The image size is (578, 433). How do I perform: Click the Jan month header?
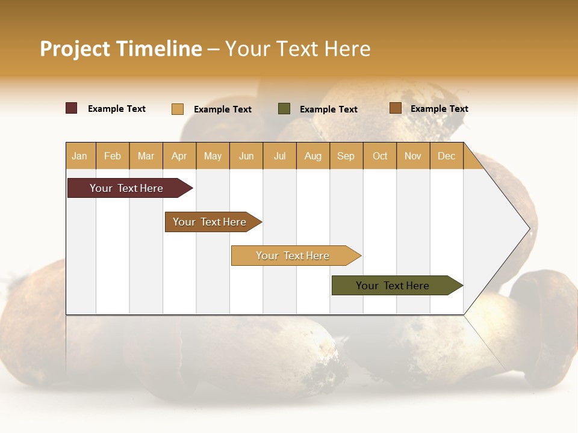(79, 156)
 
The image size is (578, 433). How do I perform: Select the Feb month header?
(113, 156)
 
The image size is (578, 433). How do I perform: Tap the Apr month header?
(179, 156)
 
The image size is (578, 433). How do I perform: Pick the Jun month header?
(246, 156)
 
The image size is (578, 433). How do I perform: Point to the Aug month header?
(312, 156)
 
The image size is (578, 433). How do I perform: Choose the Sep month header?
(346, 156)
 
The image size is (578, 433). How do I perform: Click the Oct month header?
(380, 156)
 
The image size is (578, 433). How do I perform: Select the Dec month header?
(446, 156)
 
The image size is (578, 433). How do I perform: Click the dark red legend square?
(72, 108)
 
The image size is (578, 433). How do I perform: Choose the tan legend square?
(177, 109)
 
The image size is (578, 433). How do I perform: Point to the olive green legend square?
(284, 109)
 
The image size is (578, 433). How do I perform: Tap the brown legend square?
(395, 108)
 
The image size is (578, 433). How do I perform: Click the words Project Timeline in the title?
(120, 49)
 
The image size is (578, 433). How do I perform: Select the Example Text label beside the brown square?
(439, 109)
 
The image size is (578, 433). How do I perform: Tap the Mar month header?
(146, 156)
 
